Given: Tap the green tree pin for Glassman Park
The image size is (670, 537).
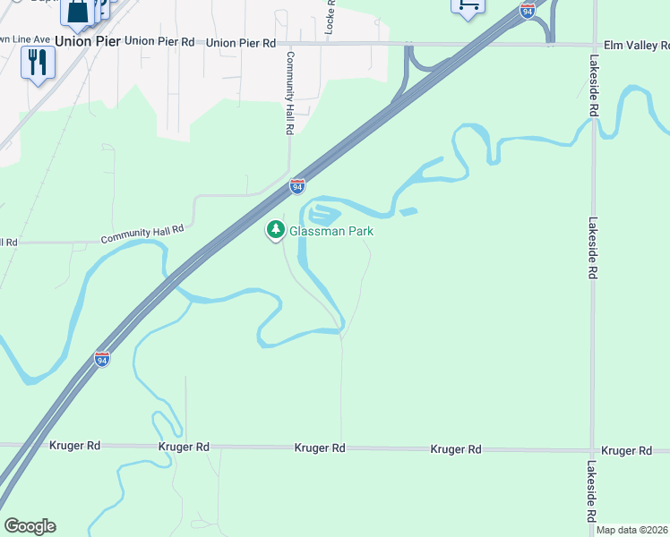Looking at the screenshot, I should (x=276, y=230).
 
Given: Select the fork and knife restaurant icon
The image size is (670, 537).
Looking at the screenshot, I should (x=38, y=63).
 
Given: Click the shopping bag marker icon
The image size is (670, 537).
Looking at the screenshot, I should (x=78, y=11).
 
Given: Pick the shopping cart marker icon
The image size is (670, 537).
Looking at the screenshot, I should (x=468, y=5).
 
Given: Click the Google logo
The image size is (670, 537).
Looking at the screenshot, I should (x=30, y=526).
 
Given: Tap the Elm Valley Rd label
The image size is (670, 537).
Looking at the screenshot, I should (x=631, y=43).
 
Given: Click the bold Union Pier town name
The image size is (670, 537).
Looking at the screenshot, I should (x=87, y=41).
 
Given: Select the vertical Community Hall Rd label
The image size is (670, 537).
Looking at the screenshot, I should (x=290, y=92).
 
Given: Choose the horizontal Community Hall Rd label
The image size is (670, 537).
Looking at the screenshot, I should (x=142, y=234).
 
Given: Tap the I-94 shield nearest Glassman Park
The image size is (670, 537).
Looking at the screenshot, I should (x=297, y=186).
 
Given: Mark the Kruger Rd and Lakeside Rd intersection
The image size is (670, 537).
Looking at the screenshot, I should (x=592, y=450).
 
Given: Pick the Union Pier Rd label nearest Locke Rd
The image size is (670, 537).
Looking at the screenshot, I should (x=236, y=42).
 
